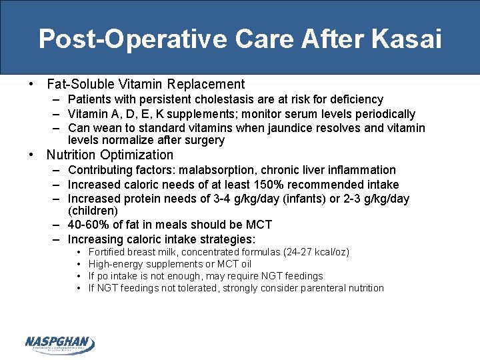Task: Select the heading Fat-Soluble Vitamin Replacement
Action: pyautogui.click(x=145, y=85)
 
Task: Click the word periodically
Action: pyautogui.click(x=382, y=114)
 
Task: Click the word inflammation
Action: pyautogui.click(x=362, y=171)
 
